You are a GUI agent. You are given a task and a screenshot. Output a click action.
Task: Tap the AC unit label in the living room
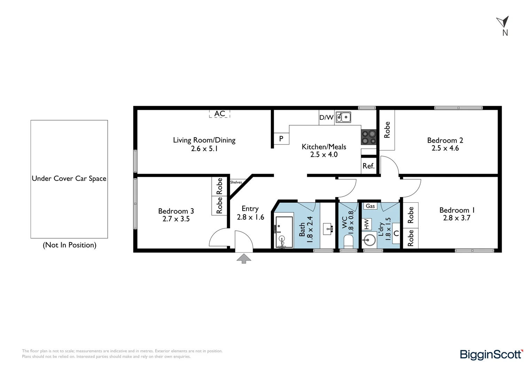[x=219, y=113]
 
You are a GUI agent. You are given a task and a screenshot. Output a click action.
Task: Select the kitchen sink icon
[x=343, y=117]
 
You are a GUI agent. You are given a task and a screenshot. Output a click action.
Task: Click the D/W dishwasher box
[x=327, y=117]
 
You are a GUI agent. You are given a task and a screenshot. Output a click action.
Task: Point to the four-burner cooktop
[x=369, y=137]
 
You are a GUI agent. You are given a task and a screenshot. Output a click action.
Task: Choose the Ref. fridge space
[x=369, y=166]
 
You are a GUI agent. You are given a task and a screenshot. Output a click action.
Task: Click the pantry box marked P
[x=281, y=139]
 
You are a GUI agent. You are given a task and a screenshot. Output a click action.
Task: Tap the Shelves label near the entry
[x=236, y=182]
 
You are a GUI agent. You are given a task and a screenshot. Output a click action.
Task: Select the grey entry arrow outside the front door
[x=244, y=259]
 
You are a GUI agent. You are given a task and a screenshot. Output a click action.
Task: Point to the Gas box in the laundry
[x=370, y=206]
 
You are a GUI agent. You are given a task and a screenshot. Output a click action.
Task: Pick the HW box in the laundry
[x=367, y=224]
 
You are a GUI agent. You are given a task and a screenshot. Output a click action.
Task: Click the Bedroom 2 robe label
[x=387, y=130]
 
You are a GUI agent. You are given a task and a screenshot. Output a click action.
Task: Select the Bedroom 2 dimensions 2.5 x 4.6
[x=445, y=148]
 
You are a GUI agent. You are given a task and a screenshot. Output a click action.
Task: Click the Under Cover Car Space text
[x=69, y=179]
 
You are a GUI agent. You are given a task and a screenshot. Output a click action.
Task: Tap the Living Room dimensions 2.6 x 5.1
[x=204, y=149]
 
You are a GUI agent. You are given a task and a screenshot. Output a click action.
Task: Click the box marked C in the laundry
[x=396, y=234]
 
